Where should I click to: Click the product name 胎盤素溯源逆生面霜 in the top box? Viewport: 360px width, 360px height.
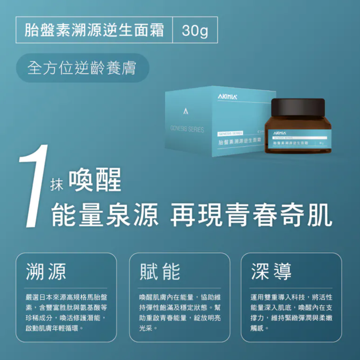coord(94,30)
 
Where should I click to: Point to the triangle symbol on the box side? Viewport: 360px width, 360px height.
coord(185,112)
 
